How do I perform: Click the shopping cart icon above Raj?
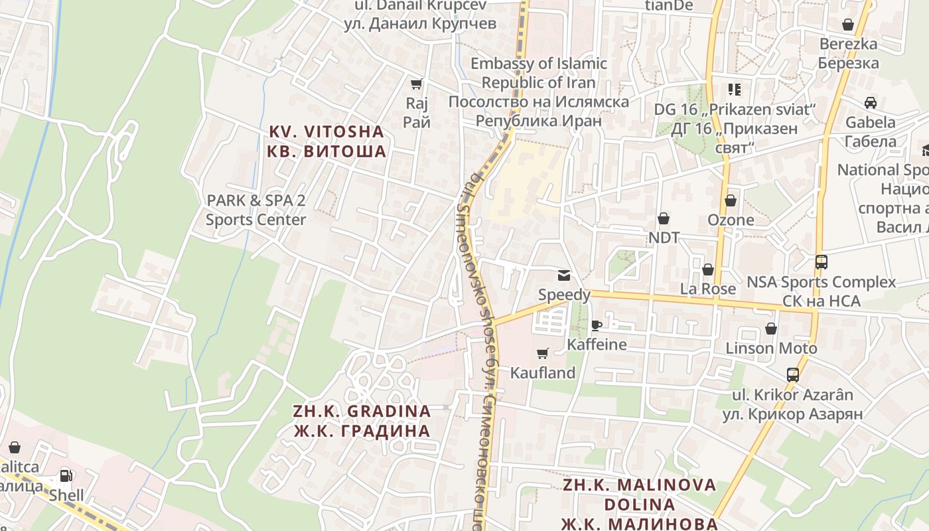(x=416, y=84)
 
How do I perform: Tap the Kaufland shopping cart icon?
(x=543, y=353)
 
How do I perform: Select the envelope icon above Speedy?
(x=563, y=275)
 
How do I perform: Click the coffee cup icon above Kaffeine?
(x=596, y=325)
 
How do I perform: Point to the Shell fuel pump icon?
(x=66, y=475)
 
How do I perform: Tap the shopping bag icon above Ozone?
(x=731, y=200)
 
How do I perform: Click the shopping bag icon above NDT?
(x=663, y=218)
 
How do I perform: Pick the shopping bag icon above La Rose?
(x=708, y=269)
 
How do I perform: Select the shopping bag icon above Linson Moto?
(x=771, y=329)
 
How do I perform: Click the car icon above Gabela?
(x=871, y=103)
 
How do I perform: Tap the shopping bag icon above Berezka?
(x=848, y=25)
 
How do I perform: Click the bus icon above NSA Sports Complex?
(x=822, y=262)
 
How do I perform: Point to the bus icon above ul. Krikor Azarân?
(x=793, y=374)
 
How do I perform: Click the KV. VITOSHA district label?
(x=326, y=141)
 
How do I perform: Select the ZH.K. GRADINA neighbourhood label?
(x=362, y=421)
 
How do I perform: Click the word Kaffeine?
(x=597, y=344)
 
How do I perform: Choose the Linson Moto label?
(x=771, y=348)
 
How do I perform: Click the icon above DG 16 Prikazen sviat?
(x=734, y=89)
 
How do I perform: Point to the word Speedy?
(x=564, y=295)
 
